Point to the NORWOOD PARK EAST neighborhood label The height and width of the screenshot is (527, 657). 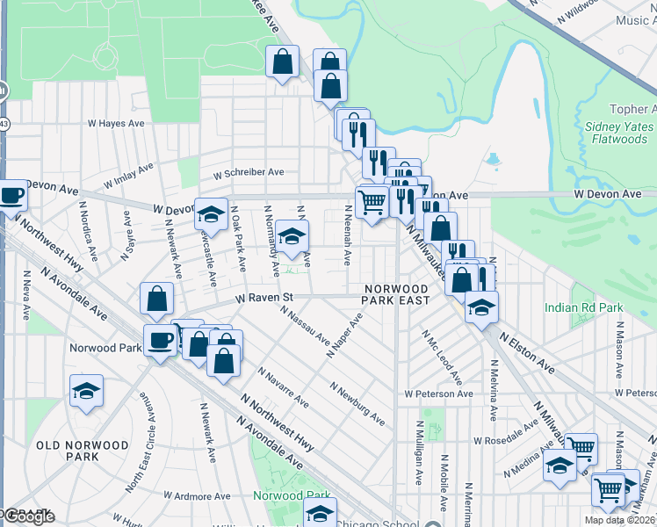point(396,293)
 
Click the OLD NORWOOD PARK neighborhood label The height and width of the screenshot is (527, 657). point(83,451)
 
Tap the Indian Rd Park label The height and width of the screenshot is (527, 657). point(582,307)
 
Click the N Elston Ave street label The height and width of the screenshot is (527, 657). point(527,350)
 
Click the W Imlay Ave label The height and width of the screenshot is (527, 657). point(128,175)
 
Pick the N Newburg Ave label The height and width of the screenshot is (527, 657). point(357,403)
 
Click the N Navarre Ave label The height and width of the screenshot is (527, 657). point(283,387)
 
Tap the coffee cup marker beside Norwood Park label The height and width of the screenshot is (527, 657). point(160,340)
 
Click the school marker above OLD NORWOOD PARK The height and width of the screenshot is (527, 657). point(86,391)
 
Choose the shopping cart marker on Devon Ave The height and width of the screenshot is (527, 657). point(372,202)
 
